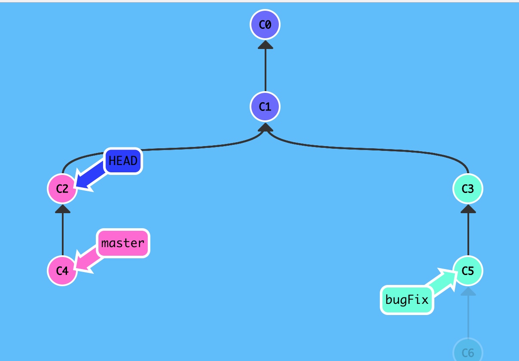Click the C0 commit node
coord(265,24)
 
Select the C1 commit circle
coord(265,106)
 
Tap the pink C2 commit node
coord(62,188)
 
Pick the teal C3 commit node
coord(468,188)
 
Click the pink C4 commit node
coord(62,271)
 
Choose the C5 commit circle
coord(468,271)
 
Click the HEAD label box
coord(123,161)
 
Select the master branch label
coord(123,243)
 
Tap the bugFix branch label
coord(407,300)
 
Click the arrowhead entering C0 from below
coord(265,45)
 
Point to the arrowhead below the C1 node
coord(265,127)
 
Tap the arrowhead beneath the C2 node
coord(62,208)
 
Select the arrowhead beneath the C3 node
coord(468,208)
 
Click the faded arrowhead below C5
coord(468,291)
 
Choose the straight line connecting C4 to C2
coord(62,234)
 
